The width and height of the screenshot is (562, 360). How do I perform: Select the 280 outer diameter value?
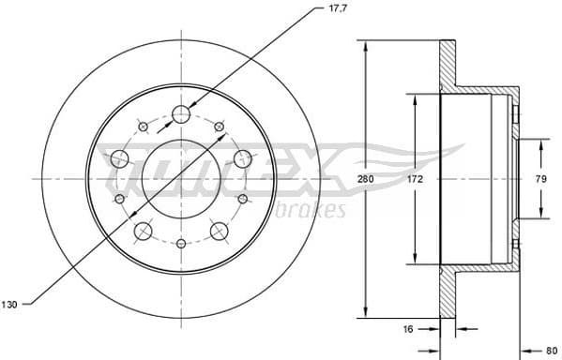pos(373,177)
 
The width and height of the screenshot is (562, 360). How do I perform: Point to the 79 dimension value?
pos(540,177)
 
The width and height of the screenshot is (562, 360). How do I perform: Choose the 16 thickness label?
pos(408,330)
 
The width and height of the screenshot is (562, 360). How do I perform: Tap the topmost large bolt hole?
pos(181,114)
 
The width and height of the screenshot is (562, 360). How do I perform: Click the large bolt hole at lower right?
pos(220,231)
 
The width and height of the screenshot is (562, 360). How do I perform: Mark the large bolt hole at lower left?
pos(144,231)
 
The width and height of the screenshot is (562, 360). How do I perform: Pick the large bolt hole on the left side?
pos(119,158)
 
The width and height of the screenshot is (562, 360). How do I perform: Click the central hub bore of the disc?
pos(181,178)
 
